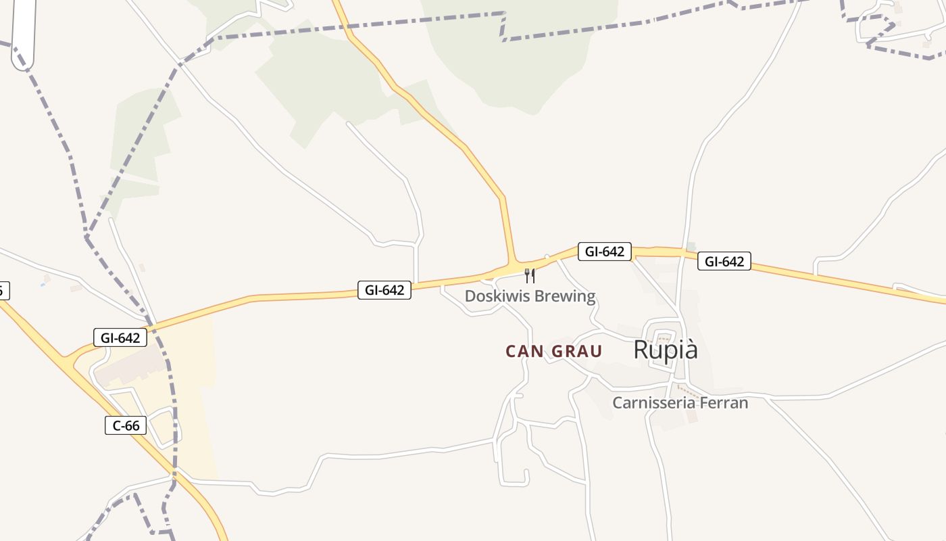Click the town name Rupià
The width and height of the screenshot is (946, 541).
(x=666, y=350)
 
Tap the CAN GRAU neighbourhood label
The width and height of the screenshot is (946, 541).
(x=553, y=352)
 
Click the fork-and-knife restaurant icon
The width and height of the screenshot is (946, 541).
(x=530, y=276)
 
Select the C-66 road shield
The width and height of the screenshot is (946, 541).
(x=126, y=425)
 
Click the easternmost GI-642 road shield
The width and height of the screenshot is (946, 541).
(x=724, y=261)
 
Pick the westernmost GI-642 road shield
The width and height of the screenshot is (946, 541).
(x=120, y=338)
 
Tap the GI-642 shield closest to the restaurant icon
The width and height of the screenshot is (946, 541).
(x=604, y=252)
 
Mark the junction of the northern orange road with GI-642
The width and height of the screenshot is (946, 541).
(x=513, y=263)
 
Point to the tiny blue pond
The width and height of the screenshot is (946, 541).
(x=43, y=285)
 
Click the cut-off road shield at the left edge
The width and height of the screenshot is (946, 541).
(x=3, y=291)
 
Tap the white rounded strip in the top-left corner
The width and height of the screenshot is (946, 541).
(x=22, y=34)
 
